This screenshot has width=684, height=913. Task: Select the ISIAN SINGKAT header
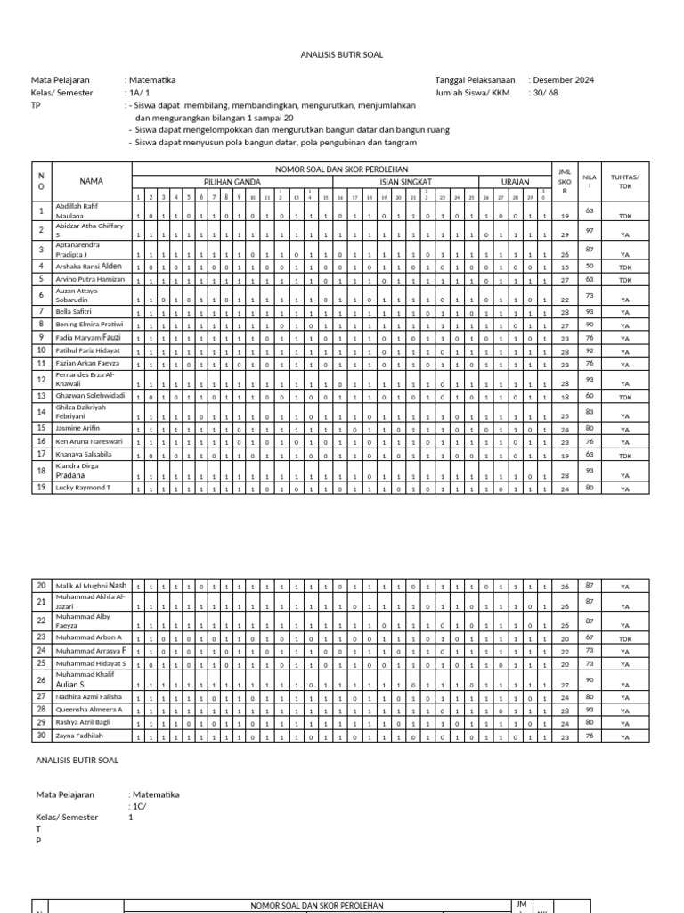tap(405, 181)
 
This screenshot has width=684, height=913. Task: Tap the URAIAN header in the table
tap(515, 181)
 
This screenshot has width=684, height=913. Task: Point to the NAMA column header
tap(91, 181)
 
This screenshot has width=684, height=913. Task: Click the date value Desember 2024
tap(563, 80)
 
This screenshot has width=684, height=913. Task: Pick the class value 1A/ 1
tap(140, 93)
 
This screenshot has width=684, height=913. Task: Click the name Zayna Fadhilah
tap(78, 736)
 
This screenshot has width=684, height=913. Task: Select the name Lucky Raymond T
tap(83, 488)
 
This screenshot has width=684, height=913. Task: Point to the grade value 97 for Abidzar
tap(589, 229)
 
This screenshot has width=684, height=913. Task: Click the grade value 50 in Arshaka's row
tap(589, 266)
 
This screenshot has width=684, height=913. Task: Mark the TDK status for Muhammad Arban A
tap(625, 638)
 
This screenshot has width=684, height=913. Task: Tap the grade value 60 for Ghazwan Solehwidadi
tap(589, 395)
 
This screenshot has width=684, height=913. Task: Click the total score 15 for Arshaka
tap(565, 267)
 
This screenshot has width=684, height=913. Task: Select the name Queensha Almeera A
tap(88, 709)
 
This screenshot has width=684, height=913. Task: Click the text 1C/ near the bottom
tap(139, 805)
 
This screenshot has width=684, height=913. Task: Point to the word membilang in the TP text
tap(204, 105)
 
